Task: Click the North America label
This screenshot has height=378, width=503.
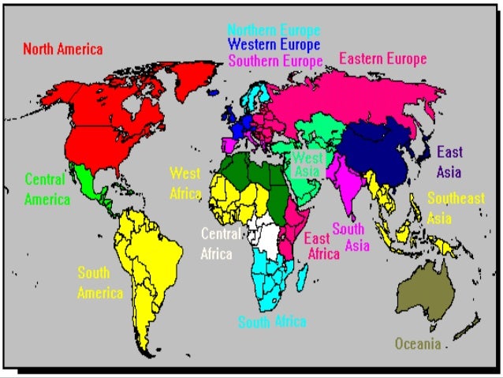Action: [63, 49]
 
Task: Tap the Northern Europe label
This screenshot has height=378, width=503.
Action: [274, 31]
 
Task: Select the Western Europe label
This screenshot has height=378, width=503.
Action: [274, 45]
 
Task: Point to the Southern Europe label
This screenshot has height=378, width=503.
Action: [276, 61]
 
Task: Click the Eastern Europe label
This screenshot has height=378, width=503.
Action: [382, 58]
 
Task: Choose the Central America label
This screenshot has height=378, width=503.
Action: [47, 189]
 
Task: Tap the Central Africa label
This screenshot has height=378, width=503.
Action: [217, 243]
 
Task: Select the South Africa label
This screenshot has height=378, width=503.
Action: [272, 322]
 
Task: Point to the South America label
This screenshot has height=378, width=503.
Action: [100, 283]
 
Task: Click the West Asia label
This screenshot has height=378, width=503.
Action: [307, 163]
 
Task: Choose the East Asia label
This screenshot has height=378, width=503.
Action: [450, 160]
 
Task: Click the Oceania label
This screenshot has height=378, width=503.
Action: [418, 344]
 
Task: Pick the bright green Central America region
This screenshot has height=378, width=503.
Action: [84, 185]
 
